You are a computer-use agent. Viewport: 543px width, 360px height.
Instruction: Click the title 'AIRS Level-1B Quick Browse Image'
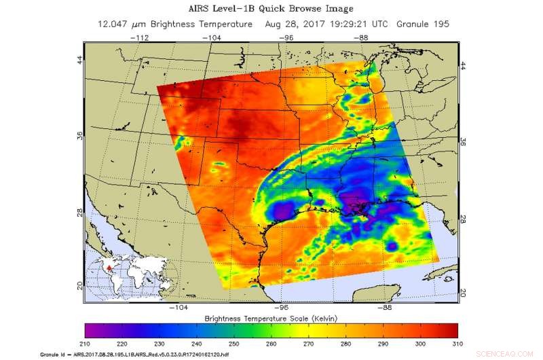point(271,9)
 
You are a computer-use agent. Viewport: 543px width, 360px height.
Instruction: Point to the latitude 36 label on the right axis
point(464,143)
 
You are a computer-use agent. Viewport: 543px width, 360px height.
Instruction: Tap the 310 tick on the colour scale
point(457,344)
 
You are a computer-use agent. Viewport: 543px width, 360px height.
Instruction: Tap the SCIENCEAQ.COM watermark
point(514,354)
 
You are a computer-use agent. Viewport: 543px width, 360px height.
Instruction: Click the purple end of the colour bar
point(92,331)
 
